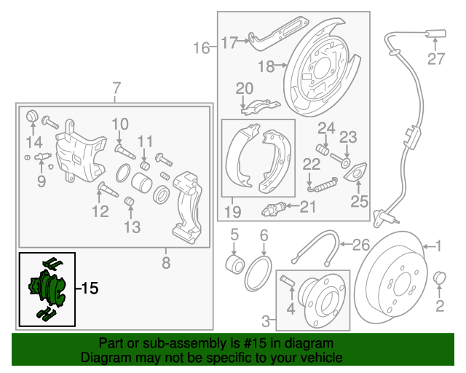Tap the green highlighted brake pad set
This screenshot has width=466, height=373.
[47, 288]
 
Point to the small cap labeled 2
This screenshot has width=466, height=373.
[439, 279]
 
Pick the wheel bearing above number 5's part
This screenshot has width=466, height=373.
[234, 262]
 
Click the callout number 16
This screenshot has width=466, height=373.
[201, 49]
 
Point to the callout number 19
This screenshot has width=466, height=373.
[232, 212]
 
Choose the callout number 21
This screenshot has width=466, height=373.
[309, 208]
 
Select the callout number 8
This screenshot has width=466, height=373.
[166, 262]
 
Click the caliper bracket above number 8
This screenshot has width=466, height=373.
[186, 208]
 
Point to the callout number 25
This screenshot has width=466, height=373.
[360, 200]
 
